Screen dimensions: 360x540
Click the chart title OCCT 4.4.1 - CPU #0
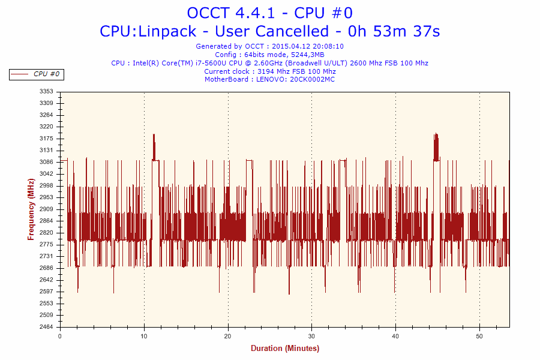point(269,13)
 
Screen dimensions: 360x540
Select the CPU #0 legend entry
point(37,74)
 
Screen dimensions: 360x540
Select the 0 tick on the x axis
point(60,337)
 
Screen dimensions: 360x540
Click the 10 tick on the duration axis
point(144,337)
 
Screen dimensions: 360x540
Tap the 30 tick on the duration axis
point(311,337)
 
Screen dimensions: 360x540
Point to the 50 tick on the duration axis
point(479,337)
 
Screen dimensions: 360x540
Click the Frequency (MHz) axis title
point(31,209)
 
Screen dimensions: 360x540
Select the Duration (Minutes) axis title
point(285,349)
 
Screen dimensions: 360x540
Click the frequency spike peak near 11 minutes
point(154,136)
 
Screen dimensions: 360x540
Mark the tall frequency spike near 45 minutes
point(436,135)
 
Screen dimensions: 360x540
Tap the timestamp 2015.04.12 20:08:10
point(308,46)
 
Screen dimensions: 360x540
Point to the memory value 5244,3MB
point(304,55)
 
